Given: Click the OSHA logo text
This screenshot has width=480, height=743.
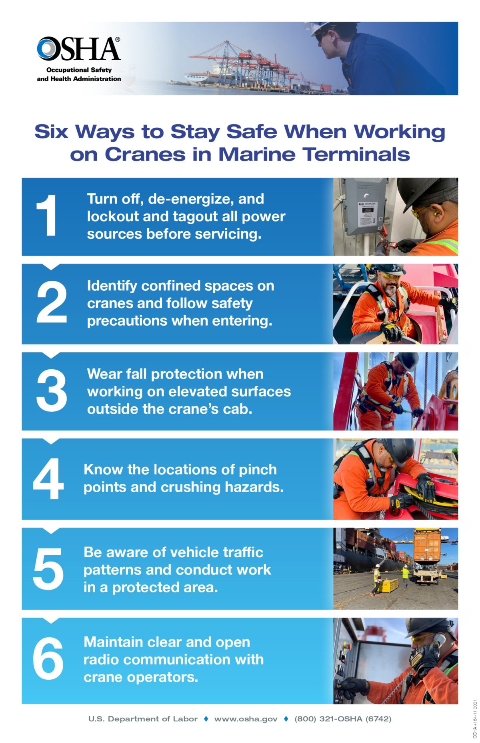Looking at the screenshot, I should [79, 49].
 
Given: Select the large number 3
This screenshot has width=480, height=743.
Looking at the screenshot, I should [51, 391].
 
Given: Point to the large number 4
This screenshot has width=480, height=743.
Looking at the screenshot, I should [48, 479].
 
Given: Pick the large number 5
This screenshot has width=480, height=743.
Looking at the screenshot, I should [48, 569].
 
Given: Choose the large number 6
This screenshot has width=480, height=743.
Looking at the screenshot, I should [48, 658].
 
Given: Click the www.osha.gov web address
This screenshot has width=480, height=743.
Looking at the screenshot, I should [246, 719].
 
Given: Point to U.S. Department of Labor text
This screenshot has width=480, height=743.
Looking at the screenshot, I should [143, 719].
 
